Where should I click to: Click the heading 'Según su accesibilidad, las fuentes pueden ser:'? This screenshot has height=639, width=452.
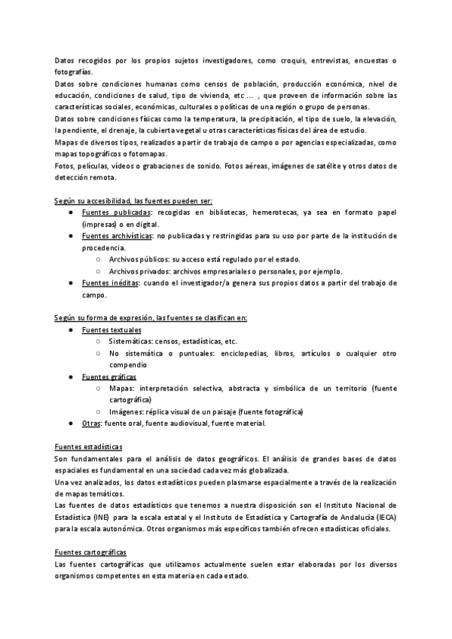[x=134, y=201]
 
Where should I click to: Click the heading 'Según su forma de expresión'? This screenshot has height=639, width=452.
[x=151, y=318]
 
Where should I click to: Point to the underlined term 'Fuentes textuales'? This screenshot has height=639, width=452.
[x=111, y=330]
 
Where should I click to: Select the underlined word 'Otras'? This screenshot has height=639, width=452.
[x=91, y=423]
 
